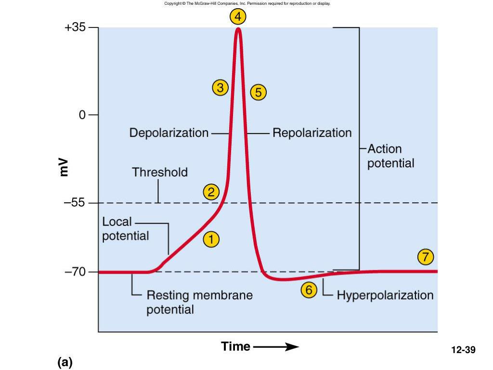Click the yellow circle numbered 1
[x=211, y=239]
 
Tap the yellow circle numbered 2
[x=211, y=192]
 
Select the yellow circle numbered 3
[x=220, y=88]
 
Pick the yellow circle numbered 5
[x=259, y=92]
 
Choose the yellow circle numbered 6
[x=309, y=290]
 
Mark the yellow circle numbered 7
[x=425, y=257]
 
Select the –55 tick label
[x=75, y=203]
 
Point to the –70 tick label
[x=75, y=272]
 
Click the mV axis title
[x=64, y=167]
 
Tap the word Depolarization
[x=169, y=132]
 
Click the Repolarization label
[x=312, y=132]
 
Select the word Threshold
[x=160, y=172]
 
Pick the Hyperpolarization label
[x=385, y=295]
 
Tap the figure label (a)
[x=65, y=362]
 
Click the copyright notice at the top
[x=247, y=3]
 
